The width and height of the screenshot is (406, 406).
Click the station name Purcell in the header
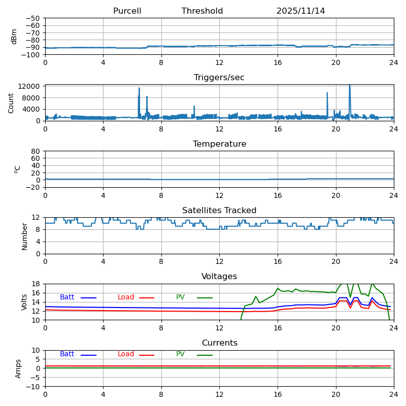127,11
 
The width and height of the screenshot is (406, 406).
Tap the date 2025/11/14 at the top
300,11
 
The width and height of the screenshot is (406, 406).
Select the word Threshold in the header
202,11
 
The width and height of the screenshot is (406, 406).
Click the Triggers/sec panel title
219,78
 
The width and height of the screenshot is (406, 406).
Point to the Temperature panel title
219,144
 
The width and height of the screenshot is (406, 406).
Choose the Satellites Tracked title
219,211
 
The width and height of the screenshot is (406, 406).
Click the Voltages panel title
219,277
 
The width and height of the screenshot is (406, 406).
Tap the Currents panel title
219,343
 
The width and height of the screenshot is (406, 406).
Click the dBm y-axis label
14,36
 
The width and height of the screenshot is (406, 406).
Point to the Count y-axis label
11,103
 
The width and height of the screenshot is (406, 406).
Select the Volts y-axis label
24,302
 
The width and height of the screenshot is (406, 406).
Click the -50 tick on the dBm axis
34,18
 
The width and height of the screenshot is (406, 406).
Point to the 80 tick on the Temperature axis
36,151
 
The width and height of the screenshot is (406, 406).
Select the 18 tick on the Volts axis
37,284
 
